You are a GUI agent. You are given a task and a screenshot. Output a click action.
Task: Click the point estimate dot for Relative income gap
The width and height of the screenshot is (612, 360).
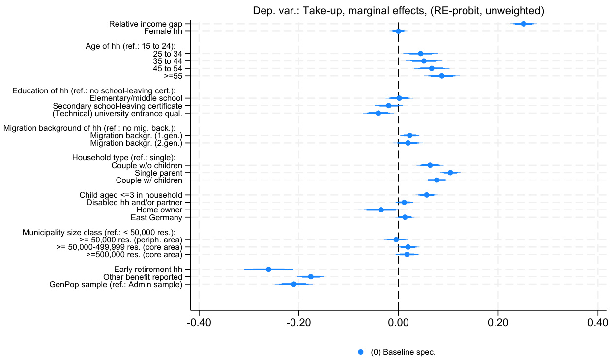point(524,24)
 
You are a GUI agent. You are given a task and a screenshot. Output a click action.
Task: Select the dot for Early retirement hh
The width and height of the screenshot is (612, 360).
point(268,269)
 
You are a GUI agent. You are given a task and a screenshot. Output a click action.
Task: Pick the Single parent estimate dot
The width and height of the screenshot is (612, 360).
point(450,173)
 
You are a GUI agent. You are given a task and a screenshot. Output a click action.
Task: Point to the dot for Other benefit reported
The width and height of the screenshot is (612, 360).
point(311,277)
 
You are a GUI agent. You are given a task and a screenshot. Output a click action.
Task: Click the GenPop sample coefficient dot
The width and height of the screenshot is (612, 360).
point(294,284)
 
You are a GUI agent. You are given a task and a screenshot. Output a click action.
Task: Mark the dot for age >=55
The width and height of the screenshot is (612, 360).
point(442,76)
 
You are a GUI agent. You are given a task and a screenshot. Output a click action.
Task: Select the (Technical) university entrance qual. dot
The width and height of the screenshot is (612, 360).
point(378,113)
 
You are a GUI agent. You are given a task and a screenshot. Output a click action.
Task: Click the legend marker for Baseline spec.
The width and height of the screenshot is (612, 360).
point(361,352)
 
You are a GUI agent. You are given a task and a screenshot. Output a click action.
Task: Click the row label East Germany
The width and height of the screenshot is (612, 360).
point(156,217)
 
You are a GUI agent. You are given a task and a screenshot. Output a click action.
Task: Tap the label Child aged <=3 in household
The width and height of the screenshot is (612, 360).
point(131,195)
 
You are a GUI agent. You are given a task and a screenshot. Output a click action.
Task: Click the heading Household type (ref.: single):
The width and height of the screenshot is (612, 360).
point(124,158)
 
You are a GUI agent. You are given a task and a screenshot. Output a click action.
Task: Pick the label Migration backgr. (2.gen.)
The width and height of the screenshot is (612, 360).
point(136,143)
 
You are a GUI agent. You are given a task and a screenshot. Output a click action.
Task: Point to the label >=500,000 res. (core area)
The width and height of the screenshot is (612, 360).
point(134,255)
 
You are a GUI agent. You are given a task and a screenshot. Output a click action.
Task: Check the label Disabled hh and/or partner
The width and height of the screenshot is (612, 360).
point(134,203)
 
